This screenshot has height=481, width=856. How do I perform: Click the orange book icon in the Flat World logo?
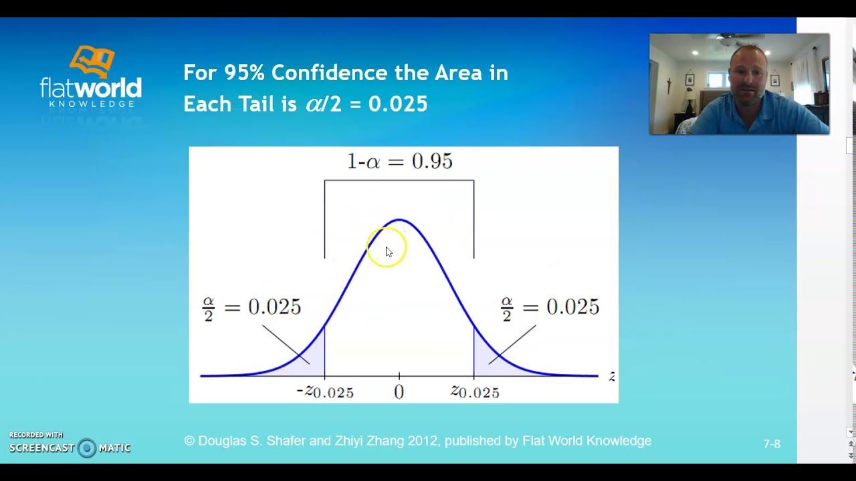92,61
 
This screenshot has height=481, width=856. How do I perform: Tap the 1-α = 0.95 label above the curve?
399,162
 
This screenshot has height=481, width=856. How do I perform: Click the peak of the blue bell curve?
399,220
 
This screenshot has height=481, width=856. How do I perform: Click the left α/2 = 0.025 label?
251,307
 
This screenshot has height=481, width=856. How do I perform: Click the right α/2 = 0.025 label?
550,307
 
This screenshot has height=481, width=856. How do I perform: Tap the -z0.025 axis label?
324,392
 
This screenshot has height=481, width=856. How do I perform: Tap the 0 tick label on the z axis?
399,393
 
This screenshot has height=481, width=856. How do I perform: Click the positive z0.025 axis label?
475,392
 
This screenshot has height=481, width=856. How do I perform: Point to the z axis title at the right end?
611,377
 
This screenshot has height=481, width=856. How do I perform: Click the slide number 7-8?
771,444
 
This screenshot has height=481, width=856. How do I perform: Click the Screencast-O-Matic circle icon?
86,448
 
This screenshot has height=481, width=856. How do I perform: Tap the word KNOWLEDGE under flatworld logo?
92,104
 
